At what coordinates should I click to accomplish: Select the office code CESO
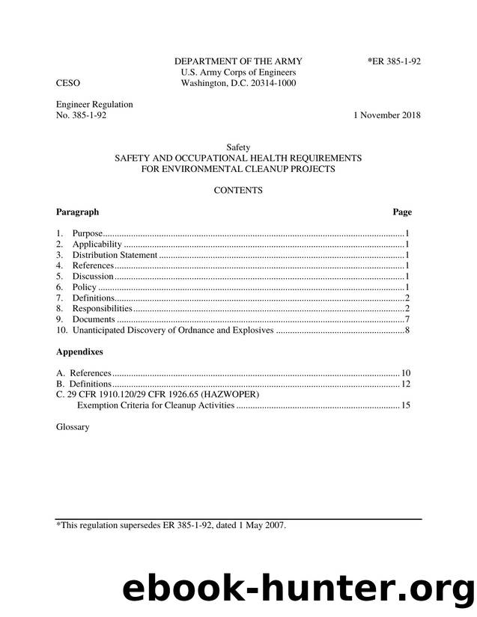68,84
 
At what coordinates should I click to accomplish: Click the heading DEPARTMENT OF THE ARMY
238,61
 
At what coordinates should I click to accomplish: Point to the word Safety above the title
237,147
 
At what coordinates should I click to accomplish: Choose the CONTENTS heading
238,191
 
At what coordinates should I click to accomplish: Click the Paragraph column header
77,212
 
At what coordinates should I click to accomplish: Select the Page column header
402,212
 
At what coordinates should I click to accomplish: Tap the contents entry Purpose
87,234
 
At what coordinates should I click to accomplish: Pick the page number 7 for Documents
406,319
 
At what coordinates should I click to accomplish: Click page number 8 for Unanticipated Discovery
406,330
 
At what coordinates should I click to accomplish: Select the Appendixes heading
79,351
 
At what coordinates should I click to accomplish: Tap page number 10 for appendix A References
406,373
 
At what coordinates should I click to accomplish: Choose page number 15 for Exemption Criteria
406,405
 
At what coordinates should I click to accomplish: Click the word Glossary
73,427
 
